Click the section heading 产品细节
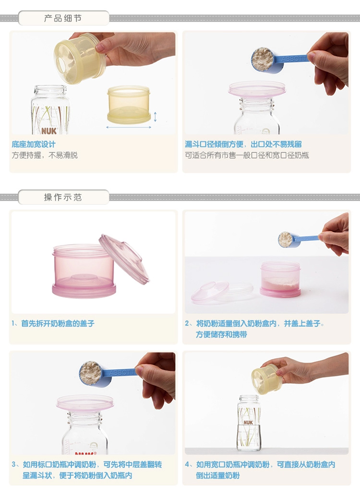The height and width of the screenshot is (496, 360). click(x=63, y=18)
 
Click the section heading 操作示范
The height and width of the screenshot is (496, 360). click(x=63, y=197)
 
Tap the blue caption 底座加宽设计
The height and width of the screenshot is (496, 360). click(x=34, y=144)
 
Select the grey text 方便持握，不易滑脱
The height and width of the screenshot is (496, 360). click(x=45, y=155)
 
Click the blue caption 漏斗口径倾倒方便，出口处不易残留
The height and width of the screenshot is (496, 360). click(x=243, y=144)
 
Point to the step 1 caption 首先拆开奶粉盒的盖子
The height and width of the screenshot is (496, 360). click(x=58, y=323)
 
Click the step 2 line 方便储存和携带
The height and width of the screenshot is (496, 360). click(x=221, y=334)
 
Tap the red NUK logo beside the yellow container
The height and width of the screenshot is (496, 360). click(x=49, y=130)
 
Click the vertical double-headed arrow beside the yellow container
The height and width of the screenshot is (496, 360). click(x=155, y=117)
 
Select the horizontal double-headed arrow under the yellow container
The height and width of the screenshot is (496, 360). click(x=129, y=127)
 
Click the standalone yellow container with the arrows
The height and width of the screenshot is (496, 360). click(x=129, y=105)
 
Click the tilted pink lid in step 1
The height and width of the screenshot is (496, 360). click(x=124, y=259)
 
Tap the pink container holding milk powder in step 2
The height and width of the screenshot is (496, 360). click(x=280, y=279)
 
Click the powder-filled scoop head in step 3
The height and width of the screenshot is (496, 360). click(x=91, y=373)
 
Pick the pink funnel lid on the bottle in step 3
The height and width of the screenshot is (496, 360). click(x=85, y=403)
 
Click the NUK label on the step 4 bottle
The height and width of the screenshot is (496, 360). click(x=248, y=422)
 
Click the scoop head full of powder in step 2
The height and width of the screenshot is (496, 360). click(x=286, y=239)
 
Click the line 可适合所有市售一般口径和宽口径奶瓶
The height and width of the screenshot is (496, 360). click(x=247, y=155)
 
